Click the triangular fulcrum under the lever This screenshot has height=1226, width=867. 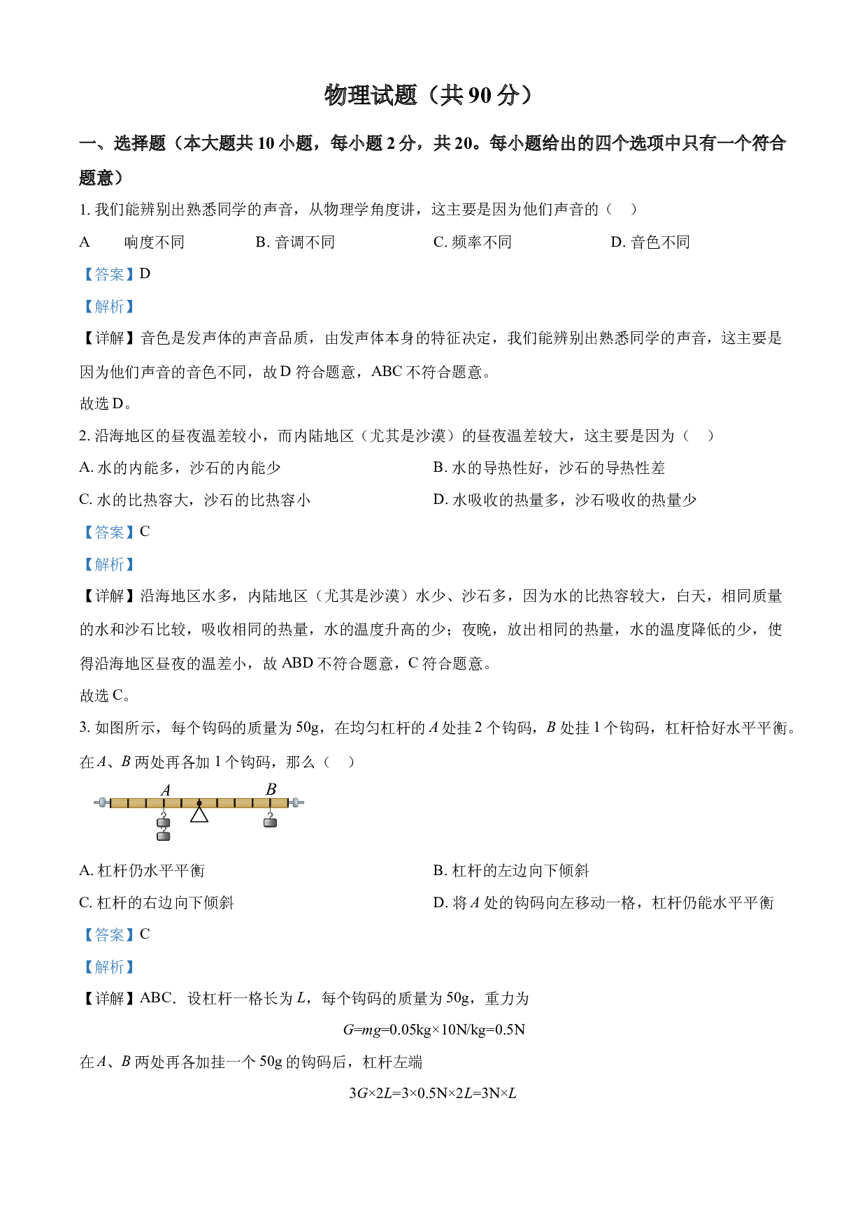coord(199,814)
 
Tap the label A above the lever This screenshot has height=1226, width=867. coord(166,790)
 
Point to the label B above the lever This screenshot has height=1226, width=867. coord(271,789)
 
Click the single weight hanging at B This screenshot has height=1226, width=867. coord(270,822)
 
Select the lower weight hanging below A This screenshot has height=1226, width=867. coord(164,835)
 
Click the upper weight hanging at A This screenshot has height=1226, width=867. coord(164,823)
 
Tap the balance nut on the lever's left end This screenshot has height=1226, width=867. coord(102,802)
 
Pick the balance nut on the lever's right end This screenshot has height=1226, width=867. coord(296,802)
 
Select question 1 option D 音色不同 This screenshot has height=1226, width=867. coord(650,242)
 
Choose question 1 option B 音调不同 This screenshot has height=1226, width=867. coord(295,242)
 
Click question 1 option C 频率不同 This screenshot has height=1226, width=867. coord(473,242)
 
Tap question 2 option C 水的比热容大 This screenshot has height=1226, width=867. coord(195,500)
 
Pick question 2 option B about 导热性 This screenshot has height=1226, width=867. coord(549,468)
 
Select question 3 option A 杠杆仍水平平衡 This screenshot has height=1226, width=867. coord(142,870)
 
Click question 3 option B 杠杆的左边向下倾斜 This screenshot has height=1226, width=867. coord(511,870)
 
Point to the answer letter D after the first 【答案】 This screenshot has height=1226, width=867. coord(145,274)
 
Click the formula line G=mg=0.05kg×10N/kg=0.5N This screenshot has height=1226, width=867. coord(433,1030)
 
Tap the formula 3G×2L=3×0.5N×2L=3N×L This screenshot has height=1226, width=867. coord(433,1093)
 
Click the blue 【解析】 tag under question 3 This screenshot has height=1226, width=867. coord(109,967)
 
